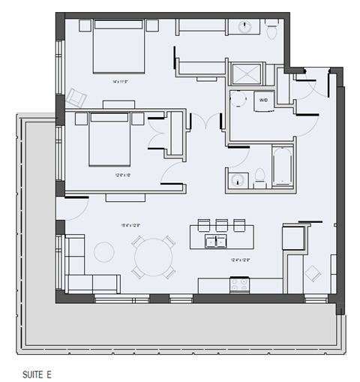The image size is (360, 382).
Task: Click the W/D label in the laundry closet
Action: point(263,98)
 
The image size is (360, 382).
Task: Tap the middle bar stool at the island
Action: point(220,224)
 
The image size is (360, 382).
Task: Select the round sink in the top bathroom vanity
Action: point(244,28)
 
